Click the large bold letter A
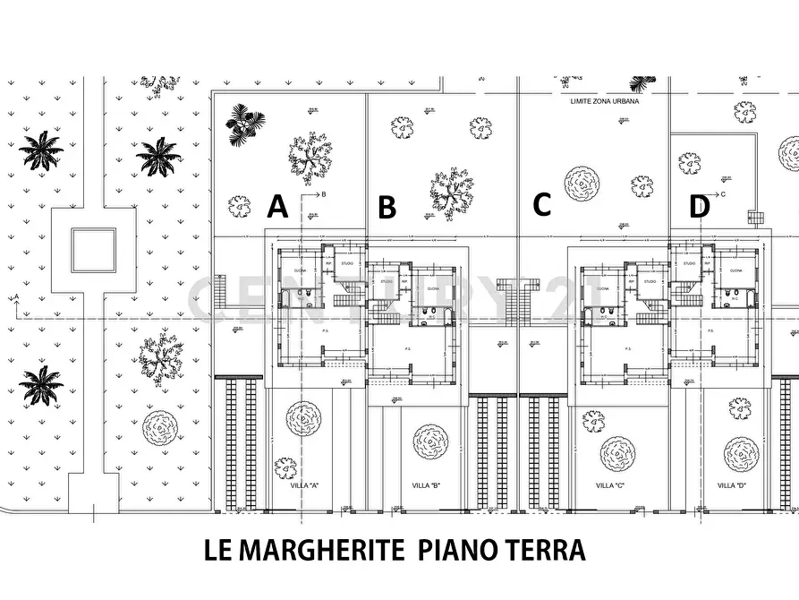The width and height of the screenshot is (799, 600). coord(278,208)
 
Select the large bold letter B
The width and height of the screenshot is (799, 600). coord(387,209)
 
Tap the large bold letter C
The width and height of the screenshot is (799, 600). coord(541,205)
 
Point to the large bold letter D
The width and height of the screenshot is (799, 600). coord(699,208)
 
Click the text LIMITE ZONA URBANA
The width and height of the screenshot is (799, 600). coord(605,102)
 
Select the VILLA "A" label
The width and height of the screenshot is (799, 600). coord(306,485)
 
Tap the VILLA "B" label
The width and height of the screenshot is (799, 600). coord(425,485)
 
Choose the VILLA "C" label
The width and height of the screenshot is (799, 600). coord(610,485)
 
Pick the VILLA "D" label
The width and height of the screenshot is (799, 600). coord(733,485)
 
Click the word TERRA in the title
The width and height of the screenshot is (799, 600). coord(548,549)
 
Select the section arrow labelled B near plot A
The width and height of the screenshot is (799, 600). coord(317,193)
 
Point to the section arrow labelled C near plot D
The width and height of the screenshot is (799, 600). coord(715,193)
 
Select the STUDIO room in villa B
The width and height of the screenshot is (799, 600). coord(387,281)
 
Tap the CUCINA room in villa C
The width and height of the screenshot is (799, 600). coord(602,289)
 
